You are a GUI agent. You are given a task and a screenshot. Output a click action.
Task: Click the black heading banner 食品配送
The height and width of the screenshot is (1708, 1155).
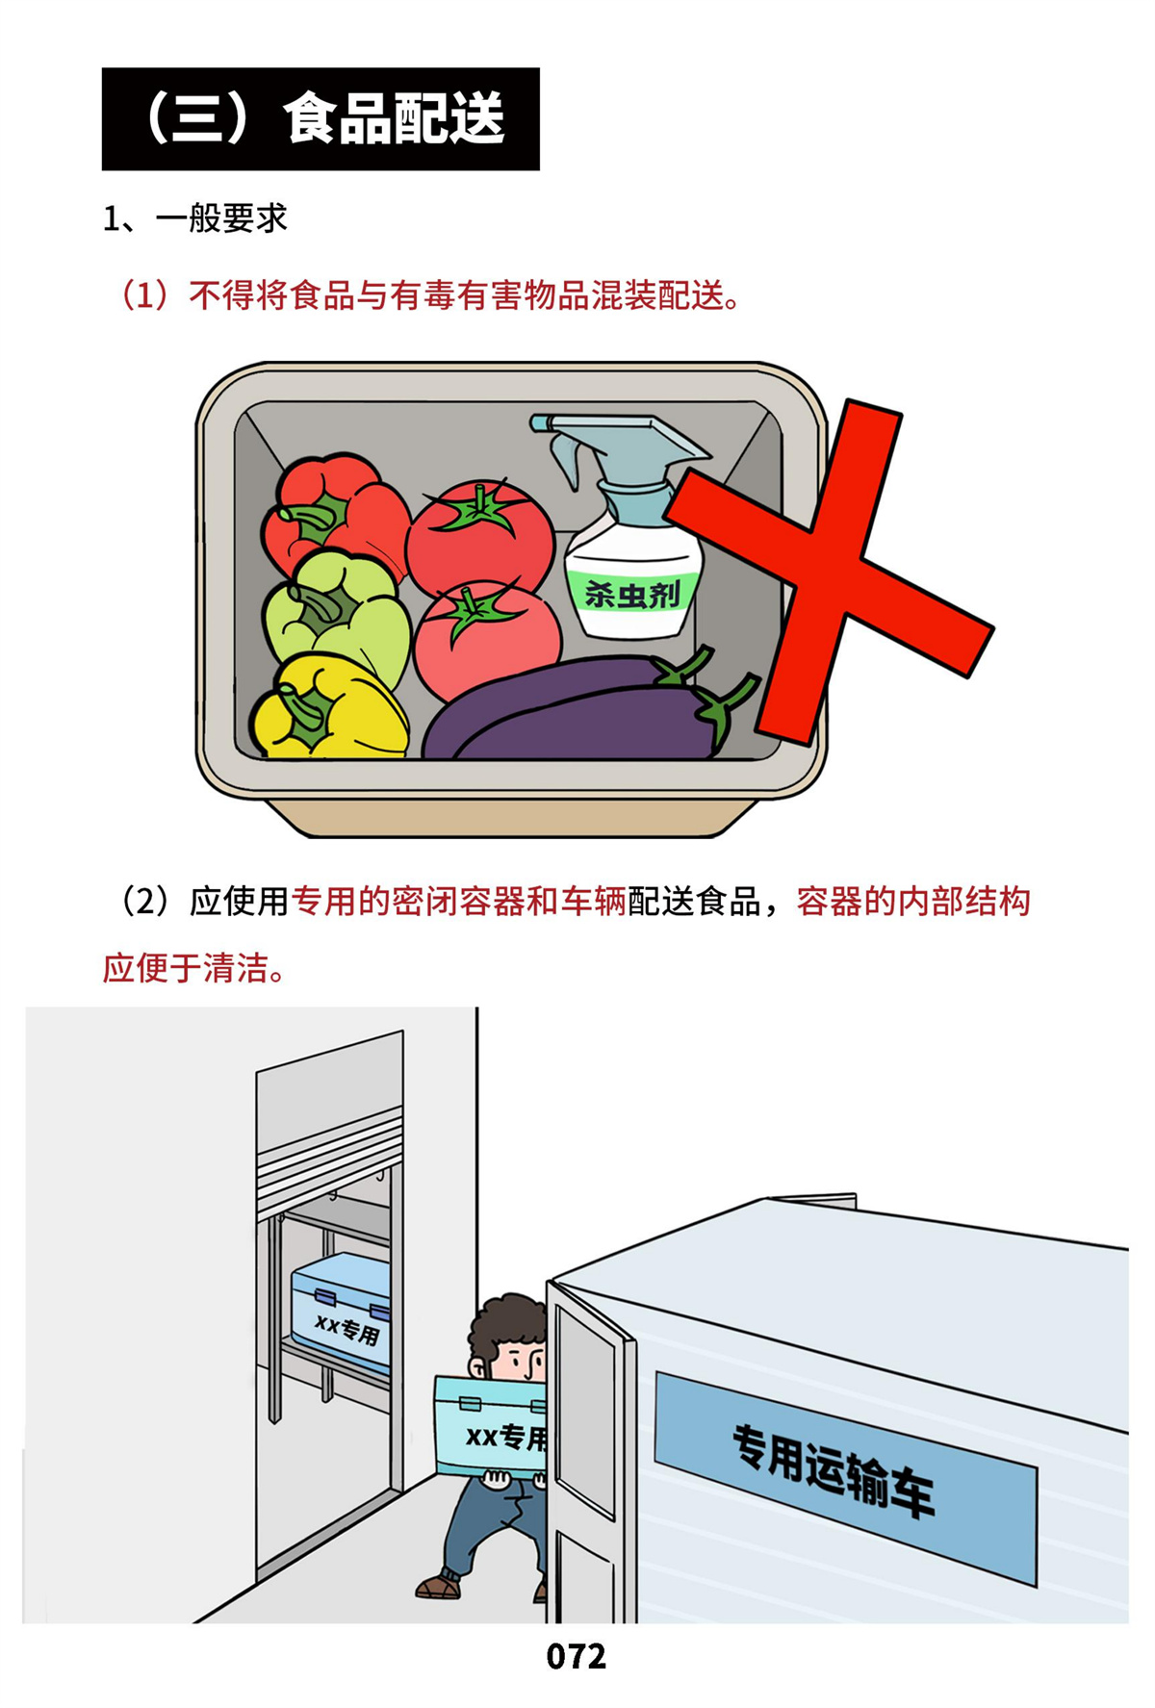(321, 119)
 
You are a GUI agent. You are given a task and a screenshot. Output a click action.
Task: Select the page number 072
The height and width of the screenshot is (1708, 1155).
(577, 1656)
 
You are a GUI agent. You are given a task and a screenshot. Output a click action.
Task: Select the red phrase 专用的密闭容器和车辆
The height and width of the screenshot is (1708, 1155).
(459, 902)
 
